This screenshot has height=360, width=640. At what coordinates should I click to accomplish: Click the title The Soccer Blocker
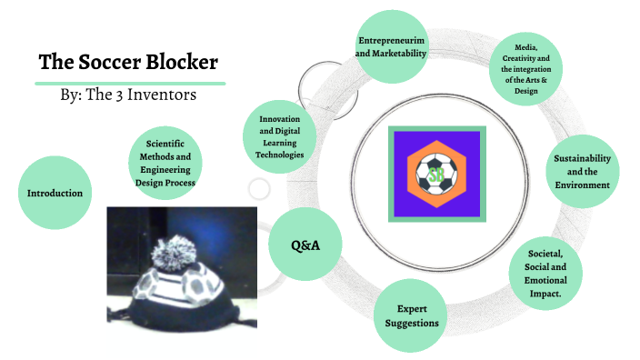click(128, 63)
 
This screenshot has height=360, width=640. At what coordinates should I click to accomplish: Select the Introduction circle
click(55, 193)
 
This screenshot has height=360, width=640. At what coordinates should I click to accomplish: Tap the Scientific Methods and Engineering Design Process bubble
click(164, 163)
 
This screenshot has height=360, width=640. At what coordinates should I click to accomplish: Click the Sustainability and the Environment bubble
click(582, 171)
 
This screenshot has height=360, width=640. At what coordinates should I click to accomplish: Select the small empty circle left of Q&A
click(259, 189)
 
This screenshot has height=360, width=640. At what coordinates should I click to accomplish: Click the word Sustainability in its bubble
click(582, 157)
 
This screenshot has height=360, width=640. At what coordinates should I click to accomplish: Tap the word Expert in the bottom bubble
click(412, 308)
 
